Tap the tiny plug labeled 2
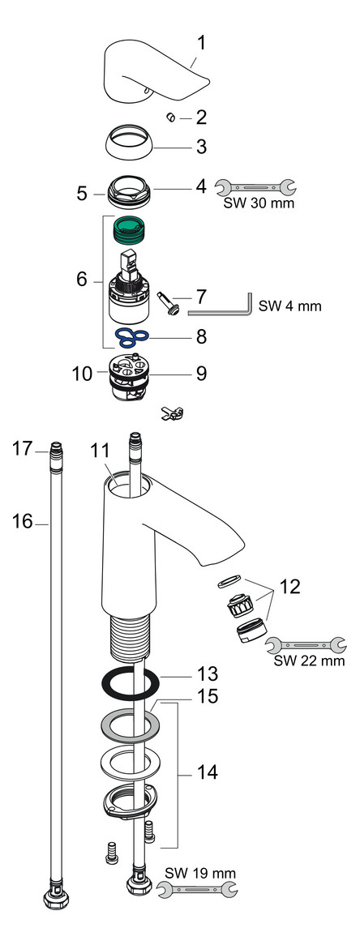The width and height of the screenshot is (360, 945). click(171, 118)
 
